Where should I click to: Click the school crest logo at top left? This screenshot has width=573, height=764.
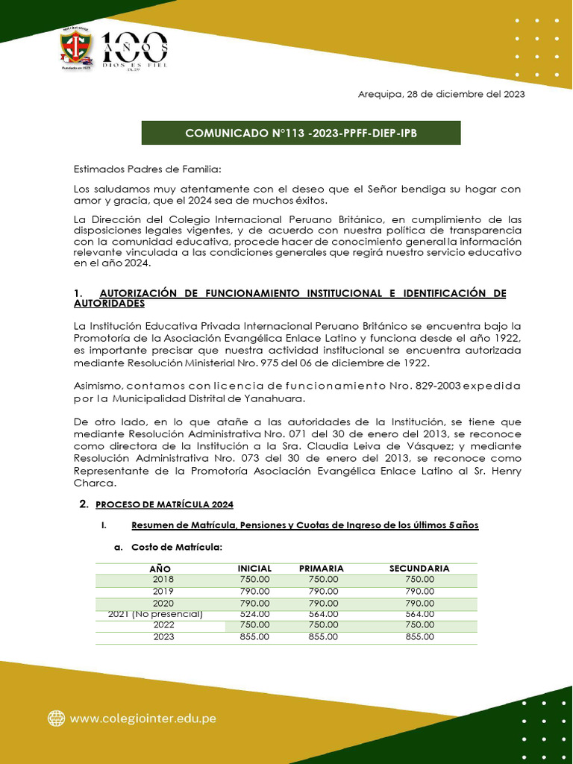click(x=77, y=50)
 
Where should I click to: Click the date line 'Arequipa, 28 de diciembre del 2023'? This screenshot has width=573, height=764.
click(x=441, y=94)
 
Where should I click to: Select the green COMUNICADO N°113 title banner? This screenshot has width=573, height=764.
click(x=301, y=133)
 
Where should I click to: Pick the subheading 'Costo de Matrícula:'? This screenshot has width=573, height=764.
click(x=177, y=547)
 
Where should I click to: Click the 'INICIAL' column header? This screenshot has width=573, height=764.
click(x=254, y=568)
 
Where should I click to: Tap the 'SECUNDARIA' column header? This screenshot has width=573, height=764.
click(x=419, y=568)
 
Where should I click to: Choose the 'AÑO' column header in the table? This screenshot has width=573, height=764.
click(x=160, y=569)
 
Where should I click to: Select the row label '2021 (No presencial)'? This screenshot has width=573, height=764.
click(x=155, y=613)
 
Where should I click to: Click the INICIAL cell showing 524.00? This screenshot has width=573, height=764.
click(x=254, y=613)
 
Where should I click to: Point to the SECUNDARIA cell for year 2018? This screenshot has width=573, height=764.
click(x=419, y=579)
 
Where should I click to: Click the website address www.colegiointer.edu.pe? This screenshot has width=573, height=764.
click(x=143, y=718)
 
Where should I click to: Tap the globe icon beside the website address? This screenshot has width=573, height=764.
click(x=56, y=718)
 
